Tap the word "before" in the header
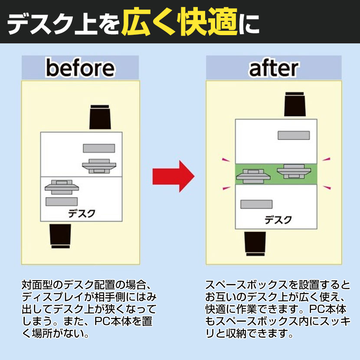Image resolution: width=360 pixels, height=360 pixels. tap(80, 68)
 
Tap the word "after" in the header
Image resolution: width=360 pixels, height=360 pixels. tap(273, 68)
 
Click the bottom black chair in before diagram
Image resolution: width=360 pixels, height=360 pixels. tap(61, 236)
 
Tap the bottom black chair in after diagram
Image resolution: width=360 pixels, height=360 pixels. tap(255, 243)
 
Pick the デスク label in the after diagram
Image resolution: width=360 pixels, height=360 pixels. tap(278, 219)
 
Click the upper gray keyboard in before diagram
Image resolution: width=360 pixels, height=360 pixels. tap(99, 148)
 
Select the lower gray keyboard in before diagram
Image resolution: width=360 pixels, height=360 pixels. tap(62, 201)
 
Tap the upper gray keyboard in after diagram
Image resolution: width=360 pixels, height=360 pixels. tap(294, 135)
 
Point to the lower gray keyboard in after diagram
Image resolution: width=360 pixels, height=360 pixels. tap(256, 204)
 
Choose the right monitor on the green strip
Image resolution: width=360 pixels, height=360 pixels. tap(294, 170)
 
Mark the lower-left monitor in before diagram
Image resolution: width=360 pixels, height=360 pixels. tap(61, 186)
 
